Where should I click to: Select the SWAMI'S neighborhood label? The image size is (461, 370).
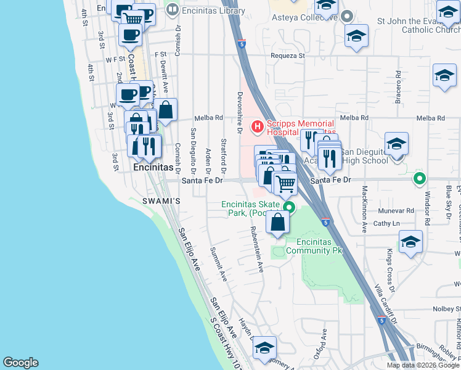pyautogui.click(x=162, y=201)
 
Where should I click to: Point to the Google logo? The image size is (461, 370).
pyautogui.click(x=20, y=363)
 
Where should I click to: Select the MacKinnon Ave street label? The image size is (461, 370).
pyautogui.click(x=365, y=208)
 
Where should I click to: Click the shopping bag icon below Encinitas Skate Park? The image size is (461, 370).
pyautogui.click(x=278, y=222)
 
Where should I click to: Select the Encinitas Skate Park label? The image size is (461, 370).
pyautogui.click(x=252, y=208)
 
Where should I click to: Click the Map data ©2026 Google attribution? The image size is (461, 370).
pyautogui.click(x=422, y=365)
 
